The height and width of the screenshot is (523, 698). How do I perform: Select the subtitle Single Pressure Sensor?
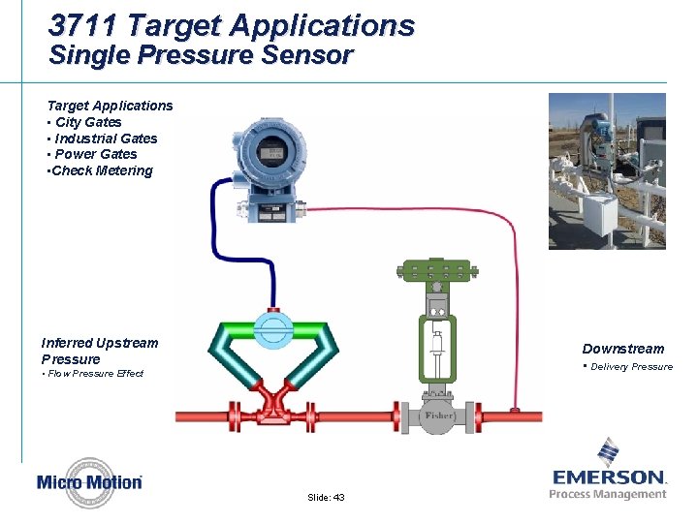pos(201,55)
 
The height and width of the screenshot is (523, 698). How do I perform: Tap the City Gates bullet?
pos(88,122)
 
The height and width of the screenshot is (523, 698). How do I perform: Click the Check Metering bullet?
pos(101,171)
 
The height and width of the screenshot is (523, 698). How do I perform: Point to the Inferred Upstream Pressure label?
pos(99,351)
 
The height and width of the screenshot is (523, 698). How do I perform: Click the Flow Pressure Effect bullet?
pos(94,374)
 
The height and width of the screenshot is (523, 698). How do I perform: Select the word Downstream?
pos(623,349)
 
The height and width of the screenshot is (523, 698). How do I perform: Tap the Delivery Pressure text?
pos(630,366)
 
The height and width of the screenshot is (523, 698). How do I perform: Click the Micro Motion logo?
pos(89,481)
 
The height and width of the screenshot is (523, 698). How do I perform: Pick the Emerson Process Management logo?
pos(609,472)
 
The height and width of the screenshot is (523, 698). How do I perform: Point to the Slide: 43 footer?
pos(326,497)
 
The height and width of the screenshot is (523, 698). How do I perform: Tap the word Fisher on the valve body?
pos(438,415)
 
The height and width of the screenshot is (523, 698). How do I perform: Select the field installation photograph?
pos(607,171)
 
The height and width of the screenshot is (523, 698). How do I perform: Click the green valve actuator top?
pos(435,270)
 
